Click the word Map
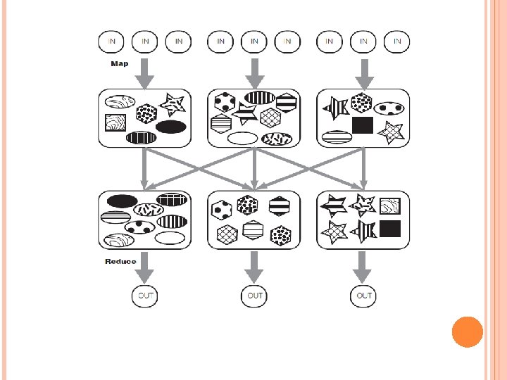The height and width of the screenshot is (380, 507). pos(119,64)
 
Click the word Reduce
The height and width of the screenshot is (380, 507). pos(120,262)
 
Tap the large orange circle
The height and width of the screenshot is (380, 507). pos(467,331)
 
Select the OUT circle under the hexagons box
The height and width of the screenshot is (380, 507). pos(254,296)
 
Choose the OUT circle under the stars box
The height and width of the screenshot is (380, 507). pos(363,296)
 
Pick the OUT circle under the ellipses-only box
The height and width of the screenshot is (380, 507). pos(145,296)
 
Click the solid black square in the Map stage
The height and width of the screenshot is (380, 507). pos(362,125)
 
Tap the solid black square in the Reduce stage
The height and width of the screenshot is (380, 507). pos(389,228)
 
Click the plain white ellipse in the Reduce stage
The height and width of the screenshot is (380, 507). pos(170,237)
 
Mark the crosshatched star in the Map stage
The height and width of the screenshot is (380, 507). pos(391,131)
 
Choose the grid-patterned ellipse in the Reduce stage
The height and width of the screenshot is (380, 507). pos(170,201)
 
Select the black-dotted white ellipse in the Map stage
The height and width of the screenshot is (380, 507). pos(388,108)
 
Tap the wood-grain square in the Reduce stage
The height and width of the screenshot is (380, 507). pos(389,205)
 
